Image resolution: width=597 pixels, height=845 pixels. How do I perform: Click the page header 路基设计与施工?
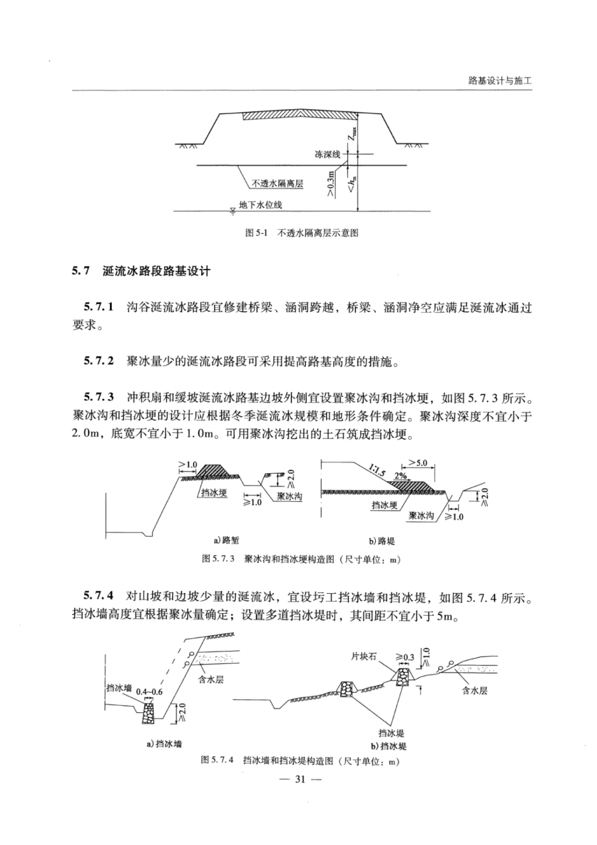pos(500,80)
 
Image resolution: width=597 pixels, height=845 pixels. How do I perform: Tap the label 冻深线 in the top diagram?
pos(327,154)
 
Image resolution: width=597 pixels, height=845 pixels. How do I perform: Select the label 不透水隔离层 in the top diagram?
pos(277,184)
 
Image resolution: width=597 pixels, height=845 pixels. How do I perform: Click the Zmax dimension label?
pos(351,133)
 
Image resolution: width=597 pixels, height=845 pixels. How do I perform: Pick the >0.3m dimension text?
pos(331,183)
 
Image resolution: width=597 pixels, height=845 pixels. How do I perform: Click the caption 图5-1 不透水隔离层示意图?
pos(301,232)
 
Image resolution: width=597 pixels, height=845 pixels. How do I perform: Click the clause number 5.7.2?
pos(99,361)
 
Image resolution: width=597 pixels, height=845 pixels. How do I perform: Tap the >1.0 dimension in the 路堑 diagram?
pos(188,465)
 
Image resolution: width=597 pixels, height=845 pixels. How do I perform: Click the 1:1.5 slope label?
pos(377,471)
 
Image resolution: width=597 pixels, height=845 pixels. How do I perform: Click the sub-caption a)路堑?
pos(226,540)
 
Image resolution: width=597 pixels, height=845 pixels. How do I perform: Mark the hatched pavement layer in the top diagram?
pos(300,115)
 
